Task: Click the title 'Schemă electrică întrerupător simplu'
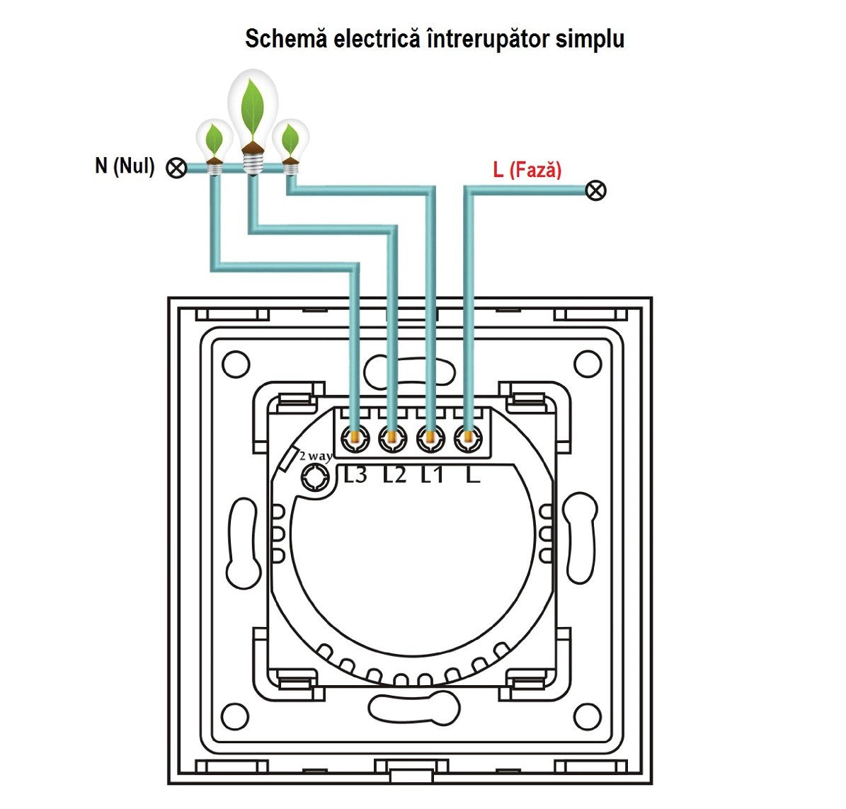[x=434, y=39]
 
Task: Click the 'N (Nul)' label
[x=125, y=166]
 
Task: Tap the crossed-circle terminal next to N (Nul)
[x=176, y=168]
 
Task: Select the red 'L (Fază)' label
[x=527, y=170]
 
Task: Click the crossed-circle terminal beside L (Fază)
[x=597, y=190]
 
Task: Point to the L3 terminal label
[x=355, y=474]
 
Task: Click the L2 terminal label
[x=394, y=474]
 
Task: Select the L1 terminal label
[x=432, y=474]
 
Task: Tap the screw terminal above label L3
[x=355, y=440]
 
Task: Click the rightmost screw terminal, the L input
[x=464, y=440]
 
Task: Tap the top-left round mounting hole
[x=236, y=365]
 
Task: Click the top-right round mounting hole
[x=586, y=365]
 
